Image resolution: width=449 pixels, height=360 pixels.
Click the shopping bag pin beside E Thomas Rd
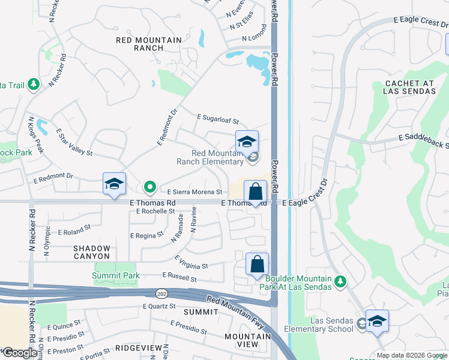tap(255, 193)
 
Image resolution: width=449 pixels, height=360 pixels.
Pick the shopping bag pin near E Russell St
tap(257, 265)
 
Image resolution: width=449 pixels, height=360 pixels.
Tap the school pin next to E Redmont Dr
tap(114, 184)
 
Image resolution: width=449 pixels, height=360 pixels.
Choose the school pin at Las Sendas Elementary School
tap(377, 321)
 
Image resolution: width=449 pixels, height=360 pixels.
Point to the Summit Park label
tap(116, 276)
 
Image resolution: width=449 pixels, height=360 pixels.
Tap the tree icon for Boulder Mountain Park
tap(340, 281)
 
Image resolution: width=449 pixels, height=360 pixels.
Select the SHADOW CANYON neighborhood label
tap(92, 253)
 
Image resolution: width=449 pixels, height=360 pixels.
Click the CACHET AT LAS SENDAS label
tap(410, 87)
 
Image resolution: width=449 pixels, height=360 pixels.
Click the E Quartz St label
tap(158, 306)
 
